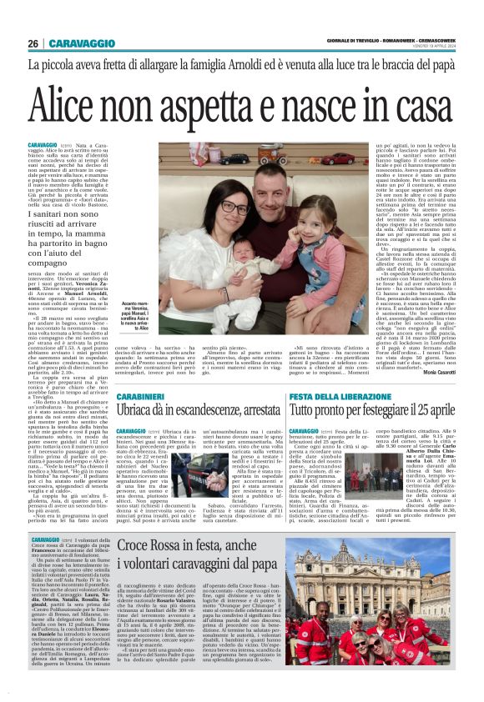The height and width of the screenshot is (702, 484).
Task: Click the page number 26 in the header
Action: [33, 43]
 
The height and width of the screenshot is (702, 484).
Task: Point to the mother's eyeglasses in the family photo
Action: [229, 206]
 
